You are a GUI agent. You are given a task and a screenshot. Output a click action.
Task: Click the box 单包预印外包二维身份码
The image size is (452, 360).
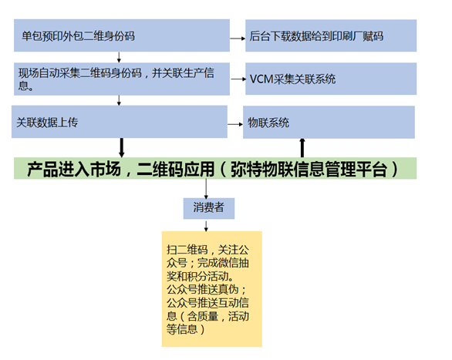pyautogui.click(x=122, y=35)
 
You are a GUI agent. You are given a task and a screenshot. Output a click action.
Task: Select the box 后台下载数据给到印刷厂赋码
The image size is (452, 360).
pyautogui.click(x=331, y=35)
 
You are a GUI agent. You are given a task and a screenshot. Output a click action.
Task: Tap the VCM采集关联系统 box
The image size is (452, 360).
pyautogui.click(x=331, y=79)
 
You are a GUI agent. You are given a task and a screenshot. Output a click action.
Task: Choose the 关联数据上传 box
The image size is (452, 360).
pyautogui.click(x=120, y=122)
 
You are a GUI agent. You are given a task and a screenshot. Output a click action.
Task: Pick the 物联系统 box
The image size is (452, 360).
pyautogui.click(x=329, y=122)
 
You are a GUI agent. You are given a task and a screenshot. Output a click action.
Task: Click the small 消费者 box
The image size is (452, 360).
pyautogui.click(x=209, y=208)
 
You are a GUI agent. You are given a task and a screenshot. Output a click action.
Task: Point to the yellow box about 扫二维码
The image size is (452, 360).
pyautogui.click(x=212, y=289)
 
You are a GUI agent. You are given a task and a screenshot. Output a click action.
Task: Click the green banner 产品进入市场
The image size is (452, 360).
pyautogui.click(x=215, y=168)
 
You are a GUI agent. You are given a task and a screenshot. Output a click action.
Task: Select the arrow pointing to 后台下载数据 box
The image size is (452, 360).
pyautogui.click(x=238, y=38)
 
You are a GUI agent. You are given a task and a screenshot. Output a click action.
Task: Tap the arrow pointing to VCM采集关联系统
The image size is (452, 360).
pyautogui.click(x=238, y=79)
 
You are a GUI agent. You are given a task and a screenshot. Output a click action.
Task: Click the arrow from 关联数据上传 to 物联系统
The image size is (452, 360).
pyautogui.click(x=235, y=124)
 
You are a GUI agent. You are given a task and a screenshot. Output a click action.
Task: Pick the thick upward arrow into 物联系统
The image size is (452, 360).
pyautogui.click(x=302, y=148)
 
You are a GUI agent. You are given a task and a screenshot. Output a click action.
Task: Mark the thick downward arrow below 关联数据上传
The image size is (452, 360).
pyautogui.click(x=122, y=148)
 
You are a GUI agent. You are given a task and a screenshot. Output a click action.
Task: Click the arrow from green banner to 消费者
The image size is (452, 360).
pyautogui.click(x=206, y=189)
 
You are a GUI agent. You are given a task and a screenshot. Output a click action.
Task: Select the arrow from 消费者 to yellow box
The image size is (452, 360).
pyautogui.click(x=206, y=226)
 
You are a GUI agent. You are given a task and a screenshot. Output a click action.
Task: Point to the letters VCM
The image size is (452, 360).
pyautogui.click(x=261, y=79)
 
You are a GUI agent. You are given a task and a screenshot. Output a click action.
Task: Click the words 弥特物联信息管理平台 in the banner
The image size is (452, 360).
pyautogui.click(x=309, y=169)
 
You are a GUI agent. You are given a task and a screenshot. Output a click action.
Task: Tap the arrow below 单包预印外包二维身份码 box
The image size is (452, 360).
pyautogui.click(x=119, y=57)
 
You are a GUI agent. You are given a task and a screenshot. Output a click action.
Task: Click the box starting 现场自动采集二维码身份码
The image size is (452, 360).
pyautogui.click(x=122, y=79)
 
